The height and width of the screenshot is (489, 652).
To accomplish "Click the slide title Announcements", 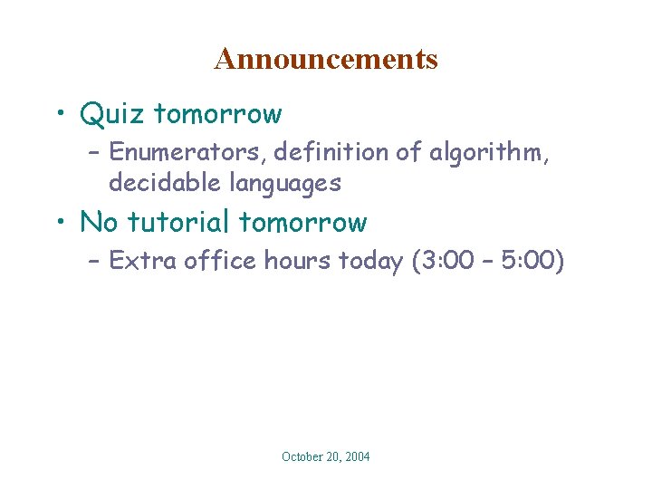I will [326, 59].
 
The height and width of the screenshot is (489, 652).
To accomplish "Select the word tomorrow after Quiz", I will [218, 115].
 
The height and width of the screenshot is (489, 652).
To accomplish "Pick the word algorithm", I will [488, 152].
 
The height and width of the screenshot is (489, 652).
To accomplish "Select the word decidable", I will [165, 183].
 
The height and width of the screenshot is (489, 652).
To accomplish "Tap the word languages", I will [284, 184].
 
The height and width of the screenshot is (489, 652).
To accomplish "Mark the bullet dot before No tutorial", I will [60, 223].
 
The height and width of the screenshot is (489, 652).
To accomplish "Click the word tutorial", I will [182, 222].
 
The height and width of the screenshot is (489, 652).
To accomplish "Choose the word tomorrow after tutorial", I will [303, 223].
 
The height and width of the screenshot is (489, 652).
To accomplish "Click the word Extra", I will [143, 261].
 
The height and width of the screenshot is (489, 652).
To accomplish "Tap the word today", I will [371, 262].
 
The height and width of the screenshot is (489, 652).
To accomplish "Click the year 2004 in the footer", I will [354, 457].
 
